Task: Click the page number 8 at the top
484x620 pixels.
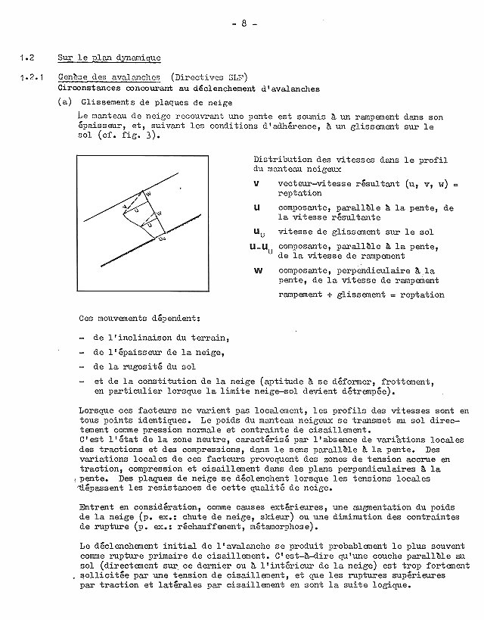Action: (x=246, y=23)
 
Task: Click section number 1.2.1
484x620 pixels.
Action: (x=31, y=76)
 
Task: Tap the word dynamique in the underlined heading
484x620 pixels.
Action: (x=136, y=58)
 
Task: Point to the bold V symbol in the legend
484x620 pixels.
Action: (x=256, y=183)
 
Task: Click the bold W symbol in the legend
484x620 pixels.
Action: (x=258, y=269)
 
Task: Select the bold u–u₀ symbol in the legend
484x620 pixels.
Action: (x=262, y=246)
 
